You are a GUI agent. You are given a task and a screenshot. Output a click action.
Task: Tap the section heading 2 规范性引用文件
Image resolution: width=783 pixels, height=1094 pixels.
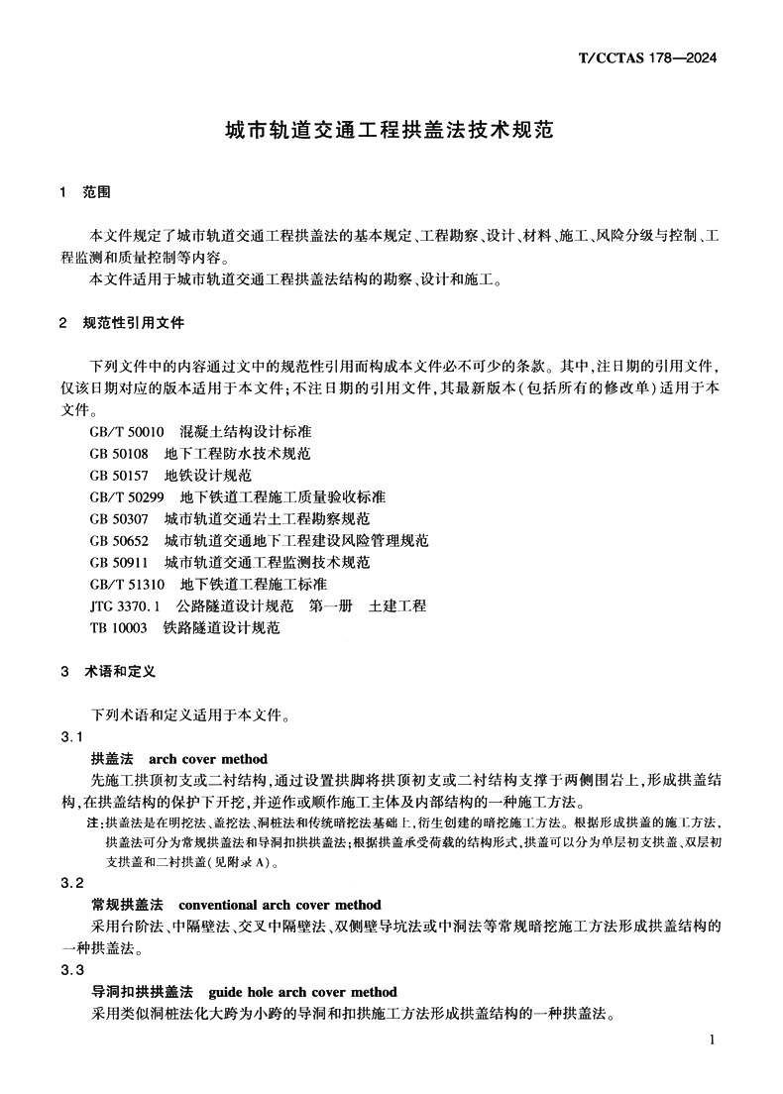[x=121, y=323]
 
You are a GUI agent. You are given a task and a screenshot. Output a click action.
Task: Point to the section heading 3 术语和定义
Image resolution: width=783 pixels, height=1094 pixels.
[x=108, y=671]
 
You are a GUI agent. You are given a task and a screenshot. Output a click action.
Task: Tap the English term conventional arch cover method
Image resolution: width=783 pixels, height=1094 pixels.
[x=279, y=905]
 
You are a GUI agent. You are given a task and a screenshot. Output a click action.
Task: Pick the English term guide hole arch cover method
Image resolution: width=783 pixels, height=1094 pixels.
[x=302, y=992]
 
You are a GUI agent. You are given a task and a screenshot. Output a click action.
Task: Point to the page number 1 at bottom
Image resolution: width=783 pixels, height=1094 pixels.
[x=713, y=1039]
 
